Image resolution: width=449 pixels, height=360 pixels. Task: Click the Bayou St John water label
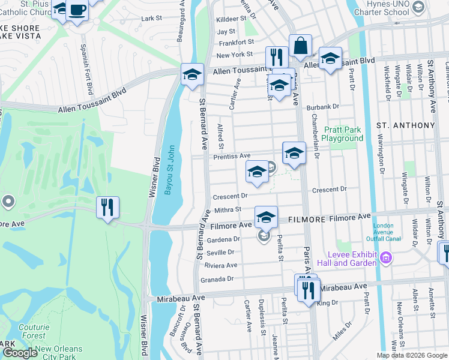[170, 170]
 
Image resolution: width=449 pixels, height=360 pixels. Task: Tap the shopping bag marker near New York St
[300, 46]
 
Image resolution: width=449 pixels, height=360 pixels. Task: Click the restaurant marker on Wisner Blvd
[108, 208]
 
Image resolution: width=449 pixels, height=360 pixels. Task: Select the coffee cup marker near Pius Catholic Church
[77, 11]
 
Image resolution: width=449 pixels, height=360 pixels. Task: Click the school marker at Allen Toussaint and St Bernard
[192, 75]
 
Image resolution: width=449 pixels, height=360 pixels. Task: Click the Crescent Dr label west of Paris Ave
[231, 196]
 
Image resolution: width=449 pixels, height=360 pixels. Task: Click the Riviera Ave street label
[221, 265]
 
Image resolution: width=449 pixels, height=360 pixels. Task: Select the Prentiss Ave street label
[232, 156]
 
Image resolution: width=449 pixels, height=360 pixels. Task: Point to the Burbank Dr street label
[322, 107]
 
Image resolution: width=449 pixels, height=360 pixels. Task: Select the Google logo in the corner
[20, 352]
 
